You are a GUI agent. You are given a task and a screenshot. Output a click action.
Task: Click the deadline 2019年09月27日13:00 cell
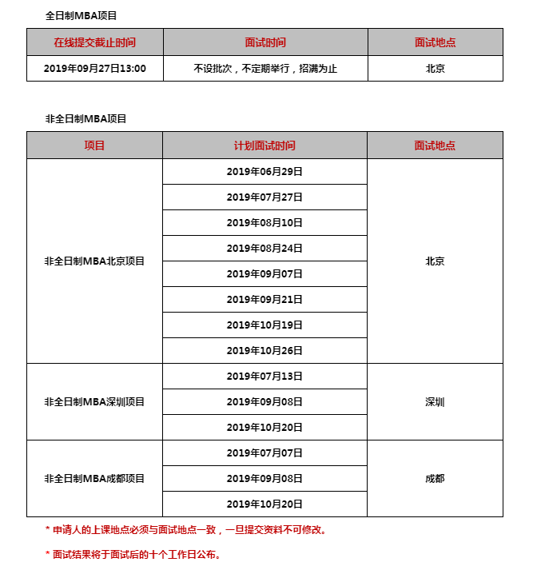point(94,69)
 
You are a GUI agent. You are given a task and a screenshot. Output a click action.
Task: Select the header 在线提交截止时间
point(94,42)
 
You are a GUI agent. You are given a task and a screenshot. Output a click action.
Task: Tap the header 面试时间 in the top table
point(265,42)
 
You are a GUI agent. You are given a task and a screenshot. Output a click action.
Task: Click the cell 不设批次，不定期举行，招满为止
point(265,69)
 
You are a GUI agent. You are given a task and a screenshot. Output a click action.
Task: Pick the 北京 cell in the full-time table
point(435,69)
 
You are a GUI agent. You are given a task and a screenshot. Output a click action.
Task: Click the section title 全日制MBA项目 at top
point(81,15)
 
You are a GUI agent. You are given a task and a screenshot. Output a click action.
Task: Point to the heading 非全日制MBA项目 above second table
point(86,118)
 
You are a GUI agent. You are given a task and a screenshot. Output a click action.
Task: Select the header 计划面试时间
point(265,145)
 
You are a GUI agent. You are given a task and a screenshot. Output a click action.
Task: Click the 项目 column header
point(94,145)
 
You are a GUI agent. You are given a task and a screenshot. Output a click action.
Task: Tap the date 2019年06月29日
point(265,172)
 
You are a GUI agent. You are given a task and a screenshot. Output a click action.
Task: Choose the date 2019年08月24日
point(265,249)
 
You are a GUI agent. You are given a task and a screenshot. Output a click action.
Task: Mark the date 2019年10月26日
point(265,350)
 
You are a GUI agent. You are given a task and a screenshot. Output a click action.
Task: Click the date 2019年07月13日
point(265,376)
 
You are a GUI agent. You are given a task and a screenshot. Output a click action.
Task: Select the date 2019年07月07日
point(265,452)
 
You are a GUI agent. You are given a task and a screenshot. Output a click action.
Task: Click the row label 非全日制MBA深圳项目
point(94,401)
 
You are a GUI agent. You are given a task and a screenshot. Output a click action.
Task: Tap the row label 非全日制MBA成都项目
point(94,478)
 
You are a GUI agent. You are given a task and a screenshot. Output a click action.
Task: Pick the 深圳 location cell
point(435,401)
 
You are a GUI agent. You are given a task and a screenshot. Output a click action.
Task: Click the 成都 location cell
point(435,478)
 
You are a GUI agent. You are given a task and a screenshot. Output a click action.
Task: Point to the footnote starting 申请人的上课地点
point(186,529)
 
